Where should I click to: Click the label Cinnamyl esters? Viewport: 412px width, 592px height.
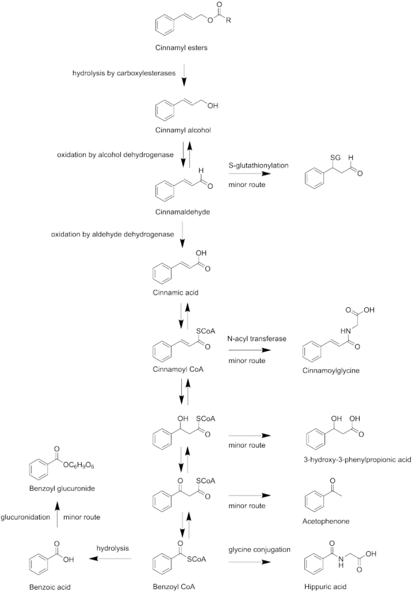(181, 48)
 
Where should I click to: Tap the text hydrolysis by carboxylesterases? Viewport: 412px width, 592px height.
(124, 73)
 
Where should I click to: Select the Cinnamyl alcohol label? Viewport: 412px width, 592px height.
(183, 130)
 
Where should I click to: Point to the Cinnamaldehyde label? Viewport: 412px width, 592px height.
(182, 212)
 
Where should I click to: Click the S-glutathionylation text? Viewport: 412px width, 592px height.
(258, 165)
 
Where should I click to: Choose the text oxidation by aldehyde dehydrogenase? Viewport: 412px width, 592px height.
(112, 234)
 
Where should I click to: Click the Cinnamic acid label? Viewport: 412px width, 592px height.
(176, 292)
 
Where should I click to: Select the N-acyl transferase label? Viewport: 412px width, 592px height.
(257, 339)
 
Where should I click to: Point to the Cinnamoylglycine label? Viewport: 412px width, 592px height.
(331, 371)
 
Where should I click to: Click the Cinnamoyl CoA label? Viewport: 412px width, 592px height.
(178, 369)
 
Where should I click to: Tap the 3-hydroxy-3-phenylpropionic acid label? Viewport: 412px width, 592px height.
(357, 459)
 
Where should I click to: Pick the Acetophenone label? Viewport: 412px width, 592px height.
(326, 522)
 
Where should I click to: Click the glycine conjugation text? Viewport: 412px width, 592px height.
(259, 549)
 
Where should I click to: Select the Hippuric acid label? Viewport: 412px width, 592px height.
(325, 587)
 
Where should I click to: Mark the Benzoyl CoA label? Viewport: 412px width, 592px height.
(173, 587)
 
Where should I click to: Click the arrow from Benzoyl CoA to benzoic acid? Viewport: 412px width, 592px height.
(110, 559)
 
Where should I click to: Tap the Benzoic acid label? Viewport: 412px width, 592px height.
(50, 587)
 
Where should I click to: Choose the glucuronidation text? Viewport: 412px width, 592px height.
(25, 517)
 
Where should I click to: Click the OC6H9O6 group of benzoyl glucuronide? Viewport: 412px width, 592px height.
(78, 465)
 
